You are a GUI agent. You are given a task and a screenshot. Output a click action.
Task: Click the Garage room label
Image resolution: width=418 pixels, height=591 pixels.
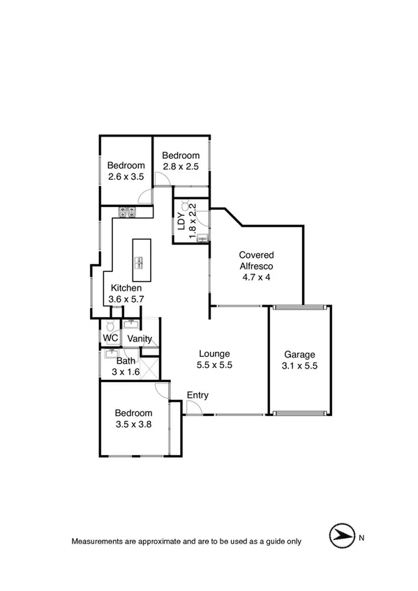click(x=299, y=354)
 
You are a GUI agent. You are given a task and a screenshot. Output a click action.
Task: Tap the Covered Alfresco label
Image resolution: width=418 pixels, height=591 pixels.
click(x=256, y=260)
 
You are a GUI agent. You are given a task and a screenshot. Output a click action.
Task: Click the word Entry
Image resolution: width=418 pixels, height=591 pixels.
click(x=197, y=395)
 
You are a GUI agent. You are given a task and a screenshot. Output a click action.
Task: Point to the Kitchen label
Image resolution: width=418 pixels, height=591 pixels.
click(x=126, y=288)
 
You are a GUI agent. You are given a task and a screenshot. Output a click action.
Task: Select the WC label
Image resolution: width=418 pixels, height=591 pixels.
click(x=110, y=338)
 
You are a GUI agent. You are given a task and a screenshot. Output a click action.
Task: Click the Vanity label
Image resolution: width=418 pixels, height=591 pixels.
click(x=140, y=339)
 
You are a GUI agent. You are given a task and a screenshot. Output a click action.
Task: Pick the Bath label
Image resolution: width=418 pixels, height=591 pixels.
click(x=126, y=361)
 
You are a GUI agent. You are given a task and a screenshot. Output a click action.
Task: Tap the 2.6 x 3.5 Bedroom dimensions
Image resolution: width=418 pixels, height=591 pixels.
click(x=126, y=177)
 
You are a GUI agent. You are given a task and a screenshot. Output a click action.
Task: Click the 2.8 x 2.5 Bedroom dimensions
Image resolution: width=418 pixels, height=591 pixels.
click(x=181, y=167)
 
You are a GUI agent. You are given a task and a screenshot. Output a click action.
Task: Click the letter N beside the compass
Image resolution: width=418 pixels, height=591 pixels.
click(x=361, y=537)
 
